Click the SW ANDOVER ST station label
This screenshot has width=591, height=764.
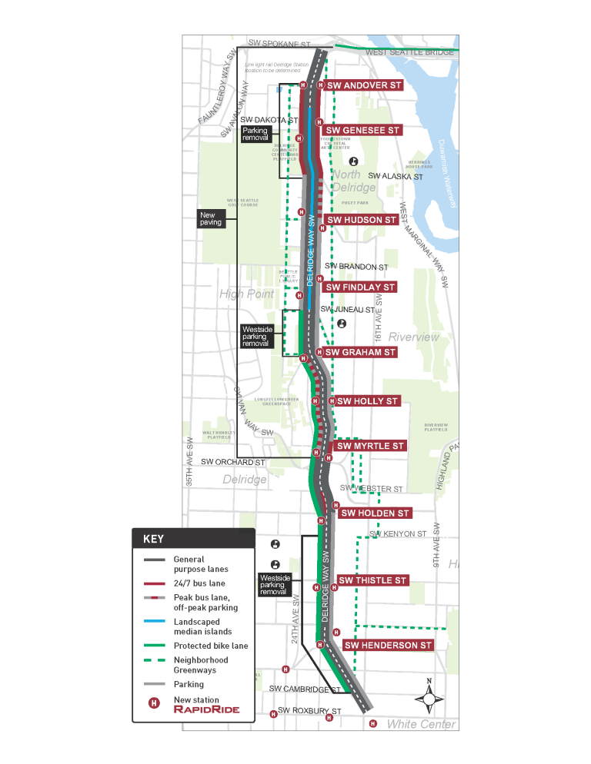tap(363, 85)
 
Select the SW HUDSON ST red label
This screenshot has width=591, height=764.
tap(362, 220)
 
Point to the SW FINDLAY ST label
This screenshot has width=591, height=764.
tap(360, 287)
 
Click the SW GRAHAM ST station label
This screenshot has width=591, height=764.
tap(360, 352)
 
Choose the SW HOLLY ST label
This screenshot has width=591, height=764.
tap(367, 401)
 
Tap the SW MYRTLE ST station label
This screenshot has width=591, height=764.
tap(370, 446)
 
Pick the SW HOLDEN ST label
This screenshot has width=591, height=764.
tap(375, 513)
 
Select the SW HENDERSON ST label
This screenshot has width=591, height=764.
tap(389, 646)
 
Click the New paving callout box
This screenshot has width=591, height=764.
tap(210, 219)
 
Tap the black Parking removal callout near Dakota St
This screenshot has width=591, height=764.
tap(255, 135)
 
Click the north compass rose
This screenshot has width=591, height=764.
tap(429, 697)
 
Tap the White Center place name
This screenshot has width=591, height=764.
tap(421, 724)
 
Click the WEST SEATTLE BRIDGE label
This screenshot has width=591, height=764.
tap(409, 52)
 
